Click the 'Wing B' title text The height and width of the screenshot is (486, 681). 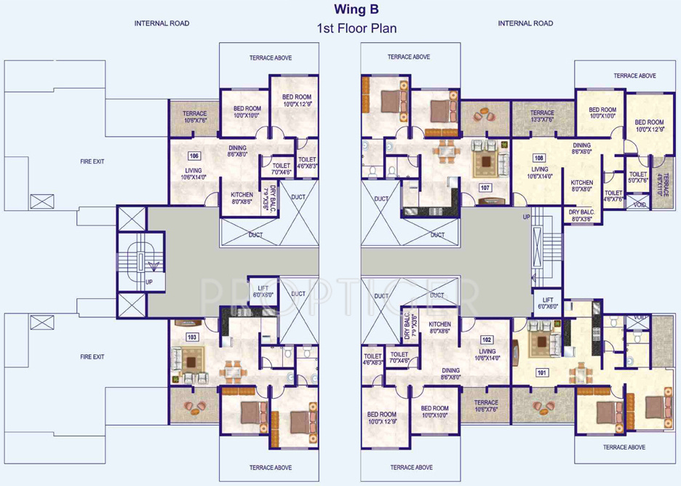[357, 9]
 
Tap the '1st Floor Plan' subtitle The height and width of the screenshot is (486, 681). [357, 29]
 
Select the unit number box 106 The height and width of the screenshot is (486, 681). [194, 156]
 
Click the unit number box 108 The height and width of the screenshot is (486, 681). [539, 157]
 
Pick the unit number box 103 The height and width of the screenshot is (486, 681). [192, 337]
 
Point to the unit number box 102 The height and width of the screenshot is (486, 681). [487, 340]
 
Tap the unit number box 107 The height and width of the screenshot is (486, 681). [485, 187]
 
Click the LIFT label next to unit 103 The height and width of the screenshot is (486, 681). [263, 291]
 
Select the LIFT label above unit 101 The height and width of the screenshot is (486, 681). [548, 303]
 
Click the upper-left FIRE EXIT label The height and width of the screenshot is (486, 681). [92, 162]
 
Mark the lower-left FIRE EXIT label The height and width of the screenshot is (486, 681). [92, 356]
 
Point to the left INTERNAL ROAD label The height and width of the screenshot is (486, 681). [162, 23]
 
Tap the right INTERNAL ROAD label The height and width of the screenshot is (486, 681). [525, 23]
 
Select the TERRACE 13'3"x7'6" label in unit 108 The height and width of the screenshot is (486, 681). [542, 116]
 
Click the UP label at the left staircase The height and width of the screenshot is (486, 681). [149, 281]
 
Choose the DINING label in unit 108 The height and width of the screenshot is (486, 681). [581, 148]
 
